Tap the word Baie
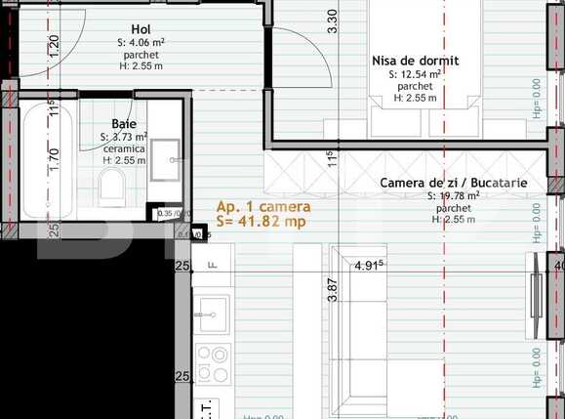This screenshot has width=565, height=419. (124, 124)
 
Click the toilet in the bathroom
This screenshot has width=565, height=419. (113, 183)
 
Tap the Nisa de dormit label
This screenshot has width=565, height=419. (415, 61)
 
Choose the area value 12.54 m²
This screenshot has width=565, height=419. (416, 74)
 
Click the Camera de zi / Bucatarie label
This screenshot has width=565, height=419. (454, 183)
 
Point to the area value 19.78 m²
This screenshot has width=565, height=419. (454, 196)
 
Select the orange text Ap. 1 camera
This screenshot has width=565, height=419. (263, 207)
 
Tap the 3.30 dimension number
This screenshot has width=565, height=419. (332, 21)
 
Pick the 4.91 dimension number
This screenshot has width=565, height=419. (368, 265)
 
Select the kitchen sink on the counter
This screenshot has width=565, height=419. (212, 314)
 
